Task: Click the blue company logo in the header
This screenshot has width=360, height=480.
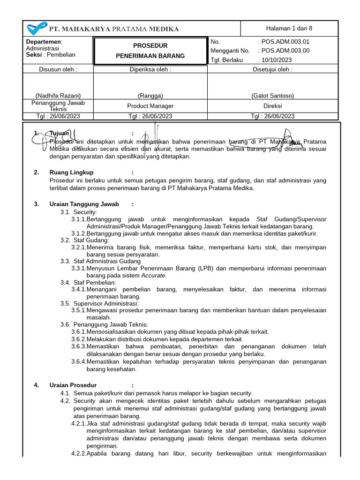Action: click(x=37, y=29)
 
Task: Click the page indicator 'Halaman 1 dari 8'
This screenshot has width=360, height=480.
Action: click(x=289, y=28)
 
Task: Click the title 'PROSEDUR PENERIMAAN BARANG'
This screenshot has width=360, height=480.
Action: click(x=150, y=51)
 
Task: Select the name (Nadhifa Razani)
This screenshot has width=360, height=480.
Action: click(x=58, y=96)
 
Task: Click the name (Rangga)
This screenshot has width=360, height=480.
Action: click(x=150, y=96)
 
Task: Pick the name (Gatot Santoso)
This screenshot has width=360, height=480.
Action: click(x=272, y=96)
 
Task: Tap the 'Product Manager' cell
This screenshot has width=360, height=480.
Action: click(x=150, y=106)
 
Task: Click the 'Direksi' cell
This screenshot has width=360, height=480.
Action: click(x=272, y=106)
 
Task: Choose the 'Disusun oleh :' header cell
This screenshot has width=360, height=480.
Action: click(x=58, y=69)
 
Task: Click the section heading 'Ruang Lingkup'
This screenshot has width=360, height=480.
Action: click(x=71, y=172)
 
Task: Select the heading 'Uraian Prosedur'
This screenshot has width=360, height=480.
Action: click(x=73, y=385)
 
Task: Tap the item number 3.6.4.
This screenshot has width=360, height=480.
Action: click(x=79, y=361)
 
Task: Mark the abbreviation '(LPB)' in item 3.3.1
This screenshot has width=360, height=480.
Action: click(x=206, y=268)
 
